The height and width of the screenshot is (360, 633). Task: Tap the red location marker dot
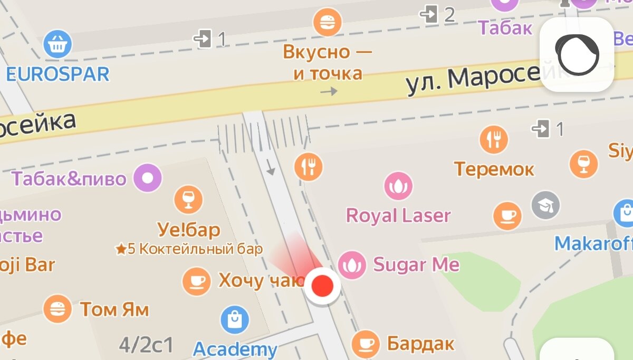click(323, 286)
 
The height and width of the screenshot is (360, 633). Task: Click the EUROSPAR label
click(57, 74)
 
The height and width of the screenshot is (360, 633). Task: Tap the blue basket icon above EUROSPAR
click(57, 44)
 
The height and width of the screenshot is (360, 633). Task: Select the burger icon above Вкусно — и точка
click(327, 23)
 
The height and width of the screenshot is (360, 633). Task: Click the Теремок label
click(494, 169)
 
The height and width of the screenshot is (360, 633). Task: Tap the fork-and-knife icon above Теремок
click(494, 140)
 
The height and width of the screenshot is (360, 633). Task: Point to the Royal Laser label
click(398, 215)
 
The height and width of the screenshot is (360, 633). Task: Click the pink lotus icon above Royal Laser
click(398, 186)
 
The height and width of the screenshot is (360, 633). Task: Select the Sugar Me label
click(416, 264)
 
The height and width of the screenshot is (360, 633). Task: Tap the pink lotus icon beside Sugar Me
click(351, 265)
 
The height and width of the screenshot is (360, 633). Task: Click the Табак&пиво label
click(69, 178)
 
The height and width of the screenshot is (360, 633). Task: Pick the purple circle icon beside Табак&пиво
click(148, 178)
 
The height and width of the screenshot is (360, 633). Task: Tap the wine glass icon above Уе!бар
click(188, 199)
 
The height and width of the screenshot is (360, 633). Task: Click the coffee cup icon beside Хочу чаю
click(196, 281)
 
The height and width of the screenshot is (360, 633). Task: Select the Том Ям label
click(114, 309)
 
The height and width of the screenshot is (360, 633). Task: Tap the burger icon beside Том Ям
click(57, 309)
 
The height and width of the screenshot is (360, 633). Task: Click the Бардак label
click(420, 344)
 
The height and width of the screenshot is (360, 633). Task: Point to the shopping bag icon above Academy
click(235, 320)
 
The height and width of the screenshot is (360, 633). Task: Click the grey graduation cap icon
click(545, 205)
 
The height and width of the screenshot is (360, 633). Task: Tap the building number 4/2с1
click(146, 345)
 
